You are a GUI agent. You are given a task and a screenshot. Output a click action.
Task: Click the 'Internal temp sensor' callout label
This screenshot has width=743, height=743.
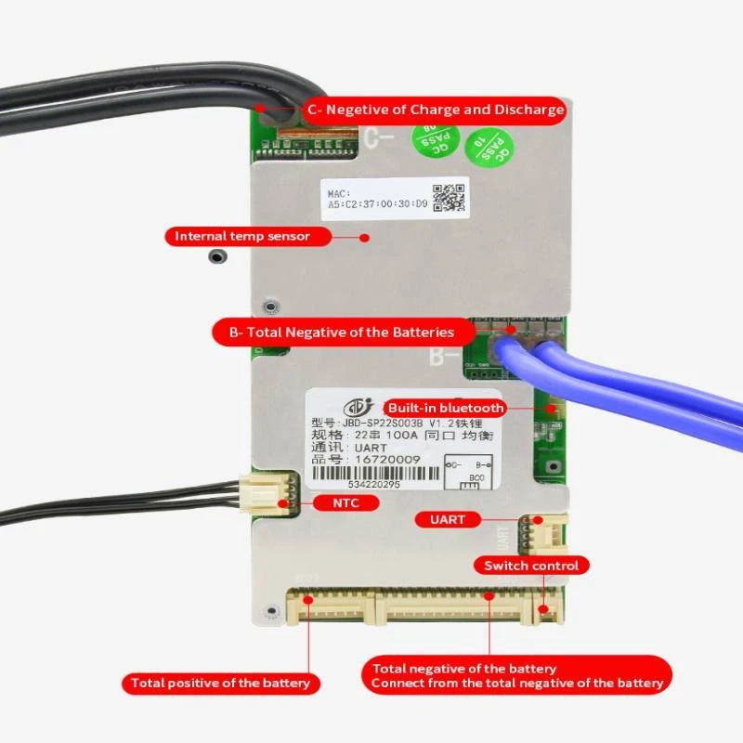pyautogui.click(x=242, y=236)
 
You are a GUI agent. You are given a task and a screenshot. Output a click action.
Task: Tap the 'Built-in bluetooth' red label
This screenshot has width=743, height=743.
pyautogui.click(x=446, y=408)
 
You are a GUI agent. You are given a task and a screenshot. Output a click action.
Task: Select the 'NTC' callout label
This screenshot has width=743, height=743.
pyautogui.click(x=346, y=503)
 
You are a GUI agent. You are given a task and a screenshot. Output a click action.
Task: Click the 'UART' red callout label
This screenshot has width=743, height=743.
pyautogui.click(x=447, y=519)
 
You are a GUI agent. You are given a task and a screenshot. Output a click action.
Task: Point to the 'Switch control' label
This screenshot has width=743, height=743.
pyautogui.click(x=532, y=566)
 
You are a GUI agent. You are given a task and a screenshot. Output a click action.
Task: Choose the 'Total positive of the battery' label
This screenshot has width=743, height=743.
pyautogui.click(x=220, y=684)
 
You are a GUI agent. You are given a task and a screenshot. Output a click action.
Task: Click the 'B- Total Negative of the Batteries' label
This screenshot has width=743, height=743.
pyautogui.click(x=340, y=332)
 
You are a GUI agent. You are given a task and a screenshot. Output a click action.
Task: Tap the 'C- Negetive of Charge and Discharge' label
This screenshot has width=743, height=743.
pyautogui.click(x=435, y=110)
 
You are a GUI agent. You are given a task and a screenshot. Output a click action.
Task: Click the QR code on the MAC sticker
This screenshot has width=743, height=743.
pyautogui.click(x=449, y=198)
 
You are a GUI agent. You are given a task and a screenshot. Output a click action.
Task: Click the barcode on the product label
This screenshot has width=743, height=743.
pyautogui.click(x=378, y=472)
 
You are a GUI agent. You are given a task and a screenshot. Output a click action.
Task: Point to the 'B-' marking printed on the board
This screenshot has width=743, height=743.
pyautogui.click(x=444, y=356)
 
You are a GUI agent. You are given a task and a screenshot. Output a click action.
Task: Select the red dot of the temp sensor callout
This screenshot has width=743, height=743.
pyautogui.click(x=364, y=237)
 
